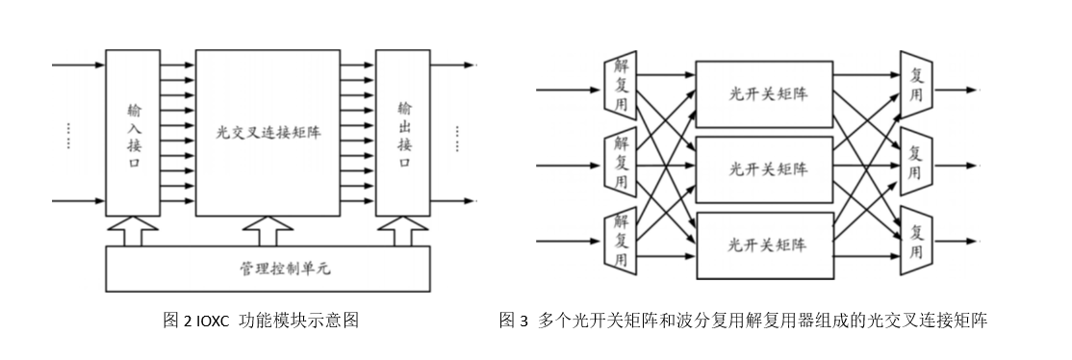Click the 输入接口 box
pos(133,132)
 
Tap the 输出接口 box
pos(403,132)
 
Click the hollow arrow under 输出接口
pos(401,230)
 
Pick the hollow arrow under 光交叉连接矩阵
pos(269,230)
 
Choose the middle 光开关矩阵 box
pos(764,168)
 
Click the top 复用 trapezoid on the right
pos(915,90)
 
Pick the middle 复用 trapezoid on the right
pos(915,165)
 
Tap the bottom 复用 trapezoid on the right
pos(915,240)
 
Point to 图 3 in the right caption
pos(514,321)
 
